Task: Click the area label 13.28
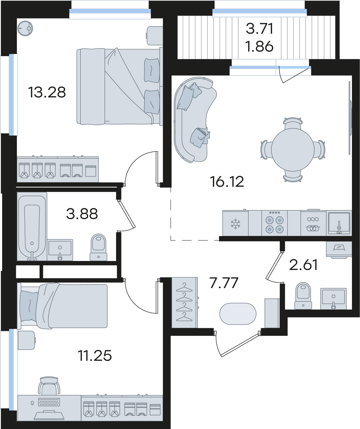47,92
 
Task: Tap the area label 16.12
227,182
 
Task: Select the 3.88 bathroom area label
82,214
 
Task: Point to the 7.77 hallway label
224,283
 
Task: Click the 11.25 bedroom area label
95,356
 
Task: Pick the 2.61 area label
303,265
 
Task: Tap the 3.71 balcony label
260,29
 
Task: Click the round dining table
293,150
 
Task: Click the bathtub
32,226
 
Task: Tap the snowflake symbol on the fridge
236,224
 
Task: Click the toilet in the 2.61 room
303,296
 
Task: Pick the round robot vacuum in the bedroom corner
25,28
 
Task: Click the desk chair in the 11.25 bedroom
49,385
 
